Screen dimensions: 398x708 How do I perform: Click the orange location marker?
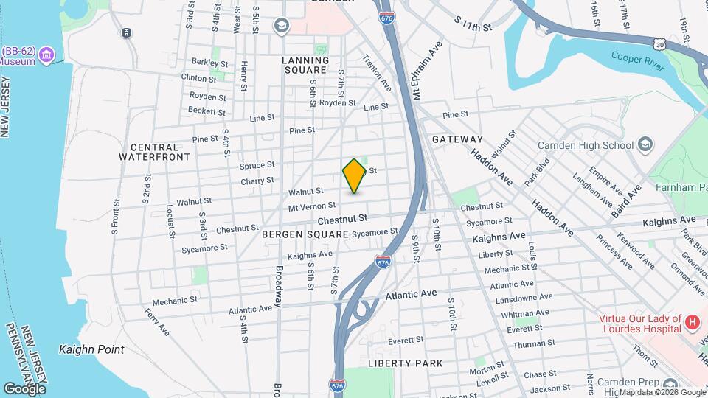(x=354, y=175)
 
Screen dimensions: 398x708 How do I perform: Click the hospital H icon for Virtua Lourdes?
(x=692, y=322)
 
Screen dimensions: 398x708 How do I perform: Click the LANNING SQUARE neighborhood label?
(x=305, y=65)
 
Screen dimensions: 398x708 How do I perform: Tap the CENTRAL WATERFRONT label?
(x=155, y=152)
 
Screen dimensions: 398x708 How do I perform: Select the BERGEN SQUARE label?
(x=305, y=234)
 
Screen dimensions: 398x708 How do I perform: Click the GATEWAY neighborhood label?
(x=457, y=139)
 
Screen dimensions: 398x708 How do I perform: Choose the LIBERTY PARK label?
(x=406, y=363)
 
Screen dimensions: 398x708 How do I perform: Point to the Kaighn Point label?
(x=91, y=349)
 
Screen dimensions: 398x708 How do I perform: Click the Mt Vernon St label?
(x=311, y=206)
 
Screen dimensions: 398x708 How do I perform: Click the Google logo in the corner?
(x=24, y=388)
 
